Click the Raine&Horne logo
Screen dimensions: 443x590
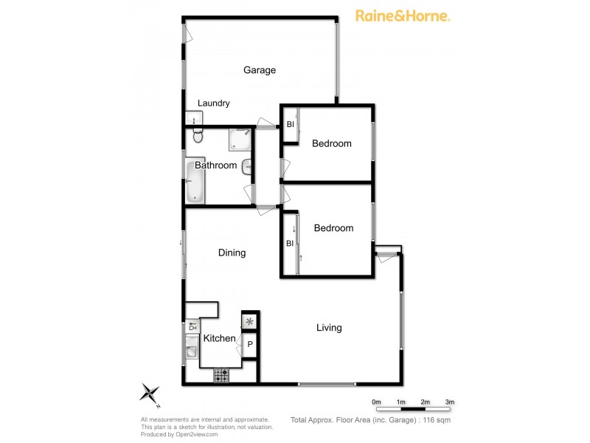(x=403, y=16)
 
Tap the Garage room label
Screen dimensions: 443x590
(x=260, y=70)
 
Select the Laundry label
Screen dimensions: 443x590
(x=213, y=103)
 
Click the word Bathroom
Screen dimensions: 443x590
(x=215, y=165)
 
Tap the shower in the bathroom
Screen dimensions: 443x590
(x=240, y=140)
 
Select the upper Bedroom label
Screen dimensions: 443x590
(x=331, y=143)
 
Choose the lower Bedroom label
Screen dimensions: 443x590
(x=333, y=228)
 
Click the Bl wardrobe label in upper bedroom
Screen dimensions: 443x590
(x=290, y=124)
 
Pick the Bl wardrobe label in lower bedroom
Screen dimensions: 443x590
(x=290, y=243)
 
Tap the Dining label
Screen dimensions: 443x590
(x=232, y=253)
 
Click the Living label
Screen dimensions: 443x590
(x=329, y=328)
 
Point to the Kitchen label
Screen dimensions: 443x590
(x=219, y=339)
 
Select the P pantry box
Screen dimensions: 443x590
(x=250, y=344)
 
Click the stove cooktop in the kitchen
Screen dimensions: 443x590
(x=222, y=377)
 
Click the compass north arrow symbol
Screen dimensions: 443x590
(x=151, y=393)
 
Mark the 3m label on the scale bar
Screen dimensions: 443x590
(x=449, y=402)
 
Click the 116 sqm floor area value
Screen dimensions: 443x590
(x=435, y=419)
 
